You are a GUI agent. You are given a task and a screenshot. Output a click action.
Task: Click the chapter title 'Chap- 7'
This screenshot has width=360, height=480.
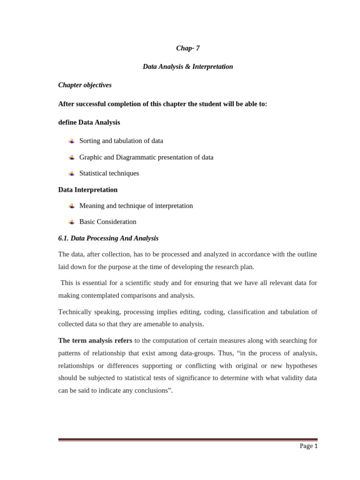click(x=187, y=48)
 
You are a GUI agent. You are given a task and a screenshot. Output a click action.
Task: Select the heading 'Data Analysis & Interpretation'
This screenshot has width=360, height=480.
click(x=187, y=67)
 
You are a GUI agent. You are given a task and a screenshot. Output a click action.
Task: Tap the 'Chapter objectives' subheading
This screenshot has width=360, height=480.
click(x=85, y=85)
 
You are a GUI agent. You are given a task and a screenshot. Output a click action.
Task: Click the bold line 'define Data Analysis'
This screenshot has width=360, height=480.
click(x=89, y=122)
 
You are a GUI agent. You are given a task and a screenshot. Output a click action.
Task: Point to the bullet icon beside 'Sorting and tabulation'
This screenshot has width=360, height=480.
click(x=72, y=141)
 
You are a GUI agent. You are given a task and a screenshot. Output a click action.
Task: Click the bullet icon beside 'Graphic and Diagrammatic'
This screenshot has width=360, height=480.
click(x=72, y=157)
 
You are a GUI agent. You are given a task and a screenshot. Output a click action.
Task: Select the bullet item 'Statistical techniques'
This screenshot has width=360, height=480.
click(x=109, y=173)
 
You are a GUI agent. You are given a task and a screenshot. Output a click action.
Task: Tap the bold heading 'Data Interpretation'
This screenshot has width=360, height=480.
click(x=88, y=190)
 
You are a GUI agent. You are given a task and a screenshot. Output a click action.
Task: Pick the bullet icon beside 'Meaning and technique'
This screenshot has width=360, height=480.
click(x=72, y=206)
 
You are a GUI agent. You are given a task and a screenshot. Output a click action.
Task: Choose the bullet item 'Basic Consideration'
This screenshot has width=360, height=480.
click(x=108, y=222)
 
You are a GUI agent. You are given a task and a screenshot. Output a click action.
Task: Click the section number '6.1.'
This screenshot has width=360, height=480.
click(x=63, y=238)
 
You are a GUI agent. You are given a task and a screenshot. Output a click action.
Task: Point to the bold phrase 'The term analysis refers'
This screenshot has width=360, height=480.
click(x=95, y=340)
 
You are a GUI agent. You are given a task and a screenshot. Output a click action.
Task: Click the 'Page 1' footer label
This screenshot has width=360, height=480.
click(x=308, y=446)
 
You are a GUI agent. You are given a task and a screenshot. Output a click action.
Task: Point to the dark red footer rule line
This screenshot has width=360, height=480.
click(x=187, y=440)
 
